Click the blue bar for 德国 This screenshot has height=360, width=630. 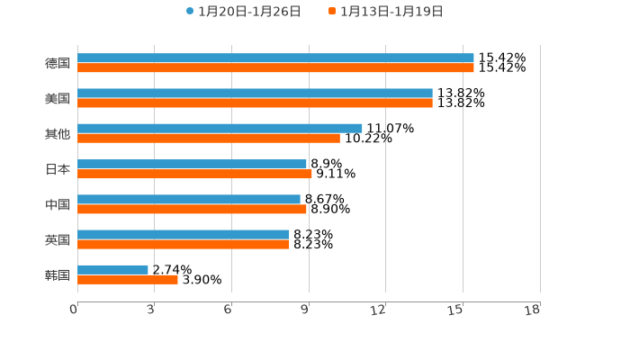[x=275, y=58]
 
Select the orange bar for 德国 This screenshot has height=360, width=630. [x=275, y=67]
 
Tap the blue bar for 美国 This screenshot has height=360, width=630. [x=255, y=93]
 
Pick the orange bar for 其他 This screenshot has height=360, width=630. [x=209, y=138]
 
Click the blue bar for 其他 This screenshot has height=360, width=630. [x=220, y=128]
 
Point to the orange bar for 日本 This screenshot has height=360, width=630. [x=194, y=174]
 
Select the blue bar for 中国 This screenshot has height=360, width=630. [x=189, y=199]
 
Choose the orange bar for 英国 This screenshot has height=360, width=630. [x=184, y=244]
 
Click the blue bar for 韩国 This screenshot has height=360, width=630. [x=112, y=269]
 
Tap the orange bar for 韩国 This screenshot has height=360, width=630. [x=128, y=279]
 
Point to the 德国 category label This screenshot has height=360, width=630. [x=58, y=63]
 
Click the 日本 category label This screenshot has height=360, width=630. [x=58, y=169]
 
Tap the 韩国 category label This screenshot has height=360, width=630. [x=58, y=274]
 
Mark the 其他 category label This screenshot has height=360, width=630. [x=58, y=134]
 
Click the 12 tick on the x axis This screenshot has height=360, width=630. [x=378, y=310]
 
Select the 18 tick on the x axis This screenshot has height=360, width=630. [x=532, y=310]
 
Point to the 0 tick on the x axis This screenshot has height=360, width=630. [x=74, y=310]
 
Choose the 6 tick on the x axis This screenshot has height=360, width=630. [x=228, y=310]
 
